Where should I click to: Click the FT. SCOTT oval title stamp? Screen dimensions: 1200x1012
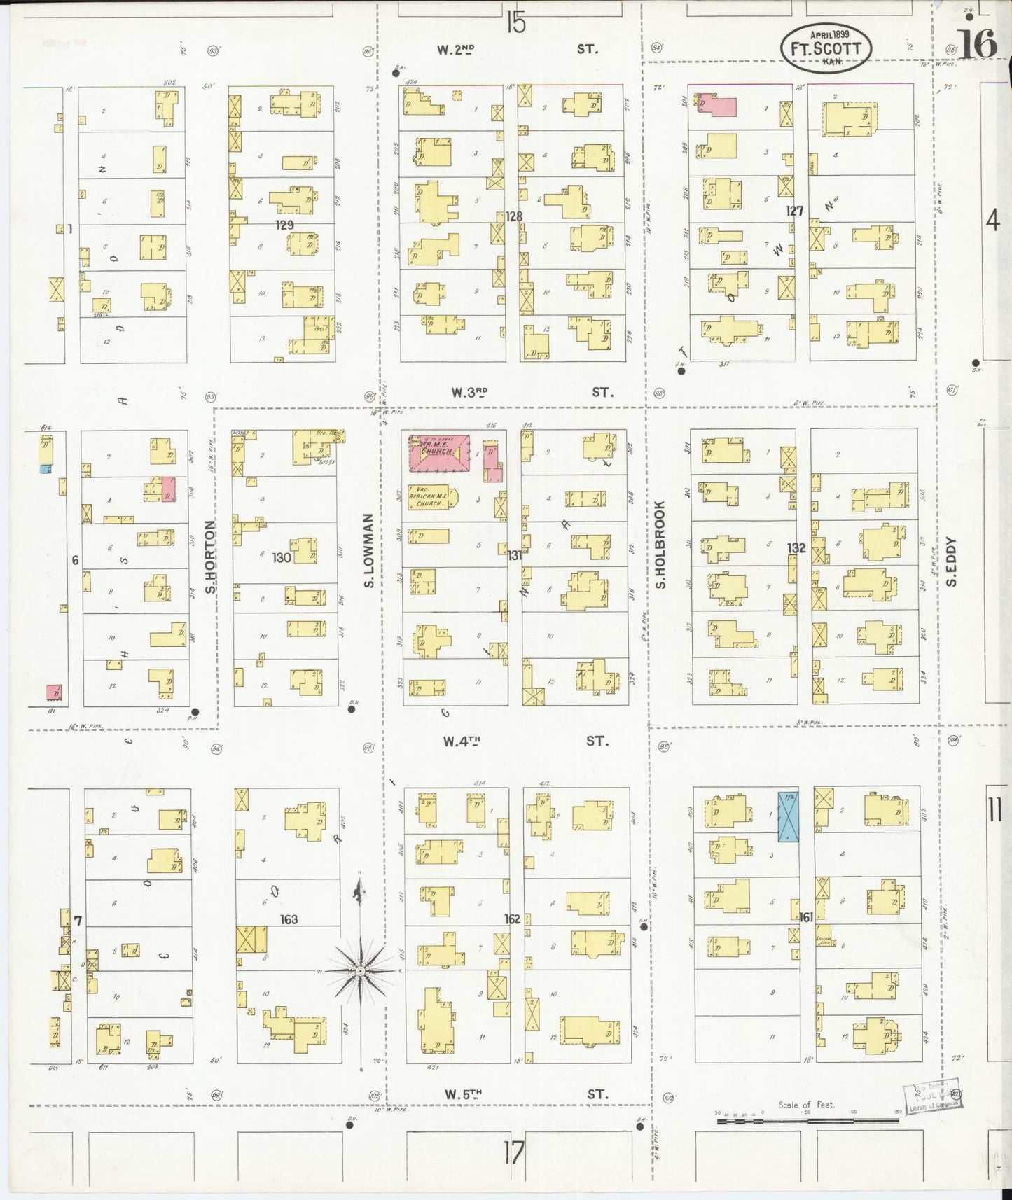point(826,48)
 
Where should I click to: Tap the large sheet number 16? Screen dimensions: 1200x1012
point(978,46)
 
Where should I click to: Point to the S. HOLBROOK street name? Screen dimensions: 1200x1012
point(660,543)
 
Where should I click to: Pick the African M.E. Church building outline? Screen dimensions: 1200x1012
point(431,498)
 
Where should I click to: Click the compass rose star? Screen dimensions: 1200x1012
point(359,972)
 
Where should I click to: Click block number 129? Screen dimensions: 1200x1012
point(284,225)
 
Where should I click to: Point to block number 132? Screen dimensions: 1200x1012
point(796,547)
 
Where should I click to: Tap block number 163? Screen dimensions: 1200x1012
point(289,919)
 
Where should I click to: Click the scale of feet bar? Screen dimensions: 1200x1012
point(807,1121)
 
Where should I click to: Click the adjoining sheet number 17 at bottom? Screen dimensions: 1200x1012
point(513,1152)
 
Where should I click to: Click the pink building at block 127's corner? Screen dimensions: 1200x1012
point(718,106)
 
